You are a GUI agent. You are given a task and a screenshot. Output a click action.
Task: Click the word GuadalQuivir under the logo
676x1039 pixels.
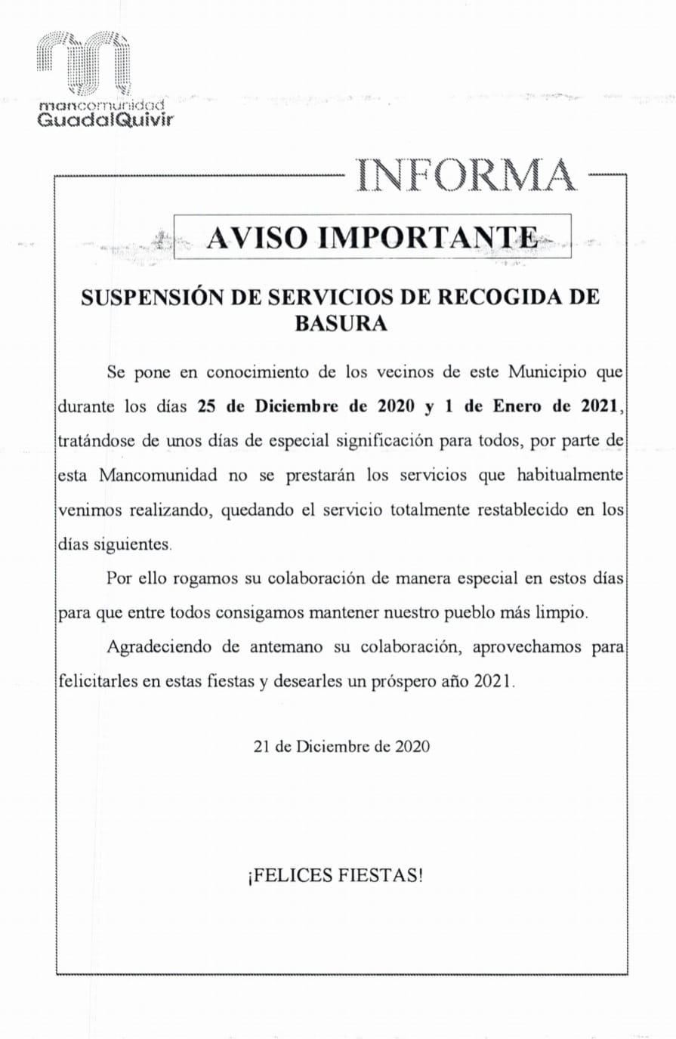[x=105, y=119]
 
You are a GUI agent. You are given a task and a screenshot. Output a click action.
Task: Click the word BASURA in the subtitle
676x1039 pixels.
[x=340, y=323]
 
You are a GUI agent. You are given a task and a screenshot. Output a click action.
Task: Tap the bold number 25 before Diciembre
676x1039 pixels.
[x=207, y=405]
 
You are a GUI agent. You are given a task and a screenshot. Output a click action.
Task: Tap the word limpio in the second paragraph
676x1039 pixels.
[x=560, y=612]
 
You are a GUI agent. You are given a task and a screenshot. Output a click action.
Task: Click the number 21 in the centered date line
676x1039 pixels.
[x=261, y=746]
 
